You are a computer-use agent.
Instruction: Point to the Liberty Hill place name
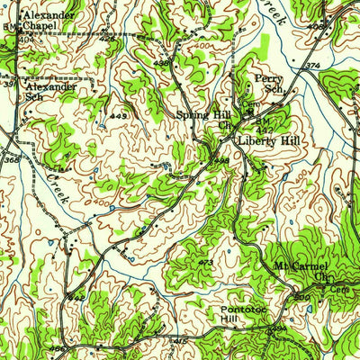point(269,142)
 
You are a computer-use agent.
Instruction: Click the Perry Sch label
point(269,84)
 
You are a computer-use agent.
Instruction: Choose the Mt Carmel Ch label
point(302,272)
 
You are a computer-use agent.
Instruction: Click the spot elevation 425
point(107,40)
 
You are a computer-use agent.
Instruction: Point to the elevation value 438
point(161,63)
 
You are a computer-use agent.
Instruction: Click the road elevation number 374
point(311,66)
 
